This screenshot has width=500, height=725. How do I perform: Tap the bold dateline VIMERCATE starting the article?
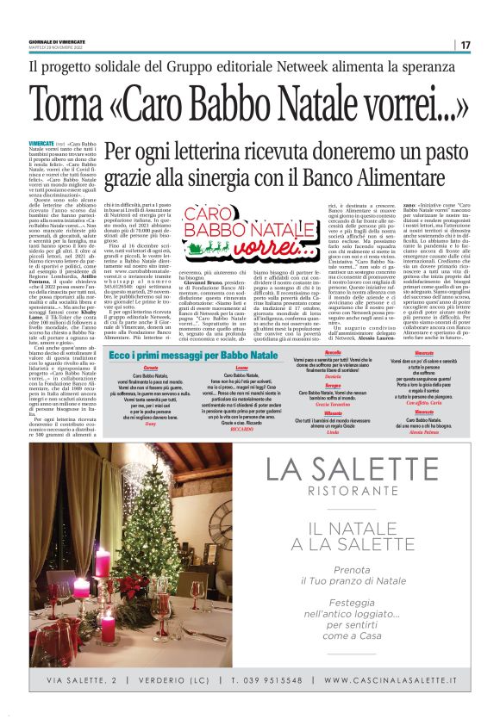point(41,142)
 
